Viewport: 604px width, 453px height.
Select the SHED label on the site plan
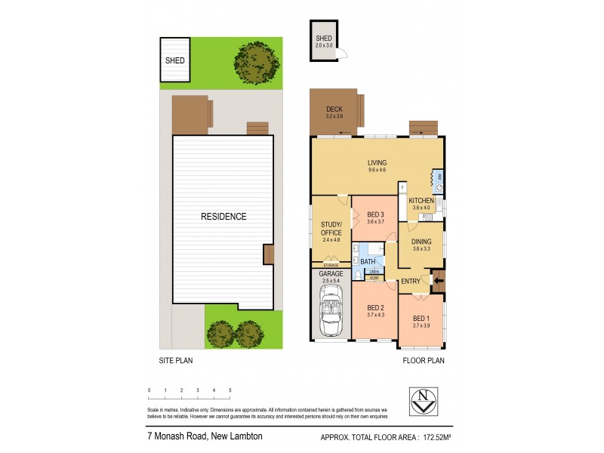point(175,60)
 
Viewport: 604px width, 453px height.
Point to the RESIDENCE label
point(223,217)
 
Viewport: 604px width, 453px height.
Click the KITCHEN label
point(421,201)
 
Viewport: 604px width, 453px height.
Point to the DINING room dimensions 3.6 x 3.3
point(421,249)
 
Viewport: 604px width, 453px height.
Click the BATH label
point(368,262)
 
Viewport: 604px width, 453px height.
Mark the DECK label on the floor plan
point(334,110)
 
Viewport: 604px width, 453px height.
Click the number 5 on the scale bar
point(230,390)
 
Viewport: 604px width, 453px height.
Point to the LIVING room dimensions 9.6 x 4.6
point(377,170)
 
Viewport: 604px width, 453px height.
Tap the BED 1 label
point(421,319)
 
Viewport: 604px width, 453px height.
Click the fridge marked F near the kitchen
point(402,186)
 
